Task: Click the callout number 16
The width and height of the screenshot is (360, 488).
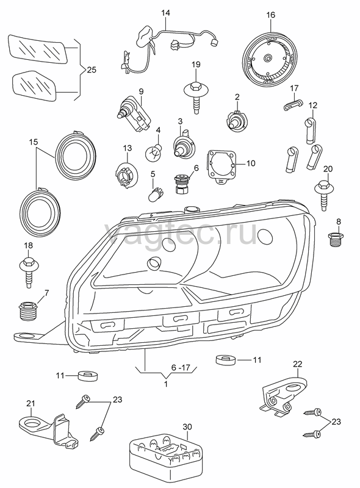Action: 271,15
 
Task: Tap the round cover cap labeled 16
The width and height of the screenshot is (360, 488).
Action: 268,59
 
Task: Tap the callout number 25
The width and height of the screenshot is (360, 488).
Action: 92,70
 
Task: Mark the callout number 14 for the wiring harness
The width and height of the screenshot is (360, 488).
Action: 166,13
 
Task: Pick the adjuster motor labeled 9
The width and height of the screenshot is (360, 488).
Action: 134,115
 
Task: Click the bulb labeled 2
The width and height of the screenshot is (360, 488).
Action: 236,120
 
